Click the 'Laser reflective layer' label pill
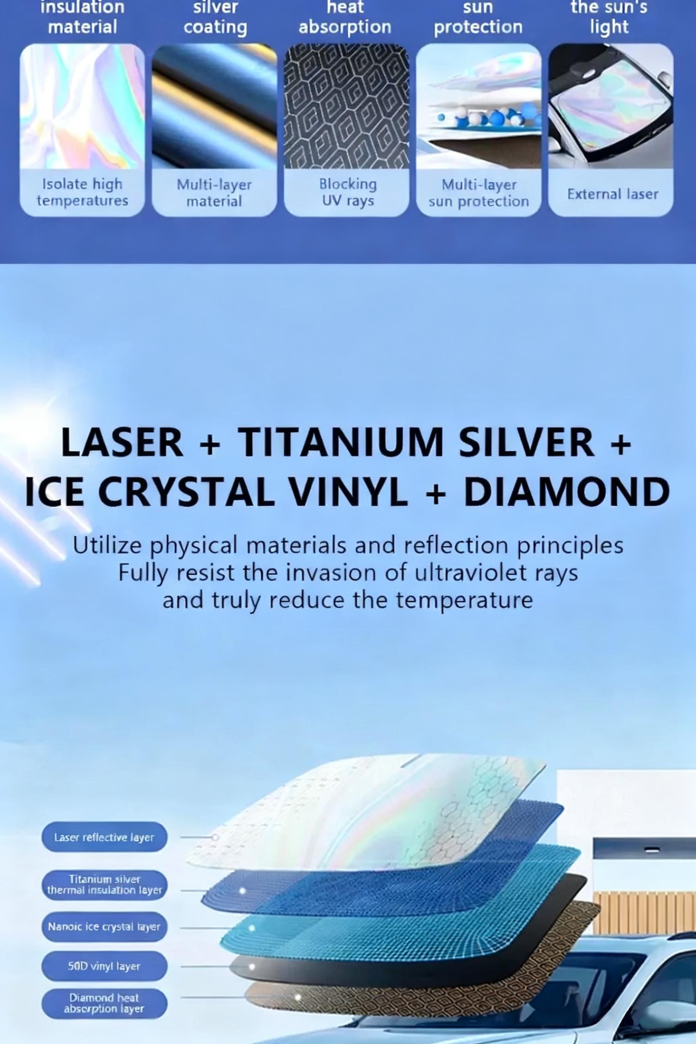pyautogui.click(x=104, y=837)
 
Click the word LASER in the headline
pyautogui.click(x=122, y=442)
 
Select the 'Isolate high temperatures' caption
pyautogui.click(x=82, y=192)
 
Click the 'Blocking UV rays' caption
pyautogui.click(x=348, y=192)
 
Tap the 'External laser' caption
pyautogui.click(x=613, y=194)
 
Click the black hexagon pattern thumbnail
pyautogui.click(x=346, y=106)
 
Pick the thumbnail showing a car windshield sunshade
pyautogui.click(x=611, y=106)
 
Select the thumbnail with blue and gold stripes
pyautogui.click(x=214, y=106)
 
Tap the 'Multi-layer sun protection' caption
pyautogui.click(x=479, y=193)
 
